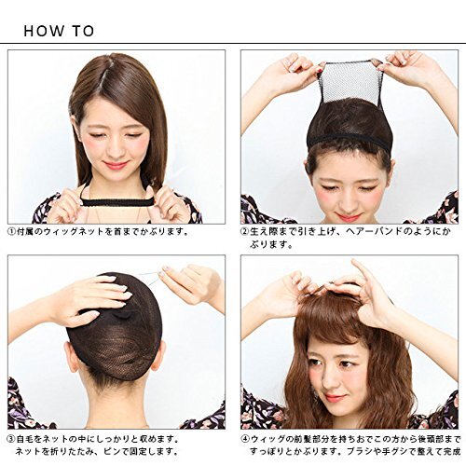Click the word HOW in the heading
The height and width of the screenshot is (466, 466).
[x=44, y=31]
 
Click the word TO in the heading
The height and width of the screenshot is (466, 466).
[x=83, y=31]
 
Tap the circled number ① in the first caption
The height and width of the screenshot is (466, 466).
[x=11, y=232]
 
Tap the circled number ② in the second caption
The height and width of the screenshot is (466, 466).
[x=245, y=232]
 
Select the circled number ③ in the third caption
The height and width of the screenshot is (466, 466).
[x=11, y=439]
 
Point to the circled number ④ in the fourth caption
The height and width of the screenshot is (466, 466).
[x=245, y=439]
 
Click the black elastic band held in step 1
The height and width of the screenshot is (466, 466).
[x=117, y=202]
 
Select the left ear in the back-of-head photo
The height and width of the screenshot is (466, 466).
[x=72, y=356]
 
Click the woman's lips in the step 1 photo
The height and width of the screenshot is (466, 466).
[x=115, y=165]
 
